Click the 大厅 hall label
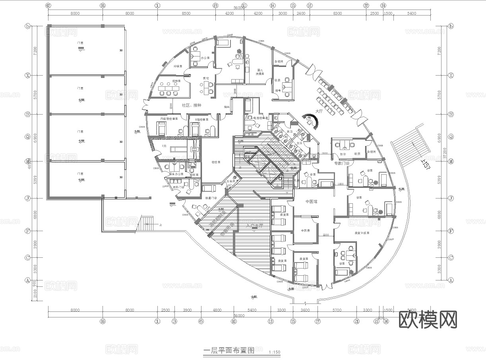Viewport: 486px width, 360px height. point(319,111)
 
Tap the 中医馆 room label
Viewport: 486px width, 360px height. point(311,201)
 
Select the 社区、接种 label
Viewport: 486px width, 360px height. point(192,105)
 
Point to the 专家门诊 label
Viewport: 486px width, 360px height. point(341,163)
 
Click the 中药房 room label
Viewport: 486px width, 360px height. point(305,230)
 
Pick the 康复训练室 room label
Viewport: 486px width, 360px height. point(362,233)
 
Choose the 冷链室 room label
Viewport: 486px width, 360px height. point(178,66)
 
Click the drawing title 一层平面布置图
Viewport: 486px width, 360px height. point(228,351)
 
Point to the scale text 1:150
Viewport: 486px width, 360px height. point(274,352)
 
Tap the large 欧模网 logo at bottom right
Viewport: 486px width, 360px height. point(428,319)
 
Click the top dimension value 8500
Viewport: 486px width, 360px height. point(186,13)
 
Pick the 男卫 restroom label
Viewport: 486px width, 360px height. point(290,132)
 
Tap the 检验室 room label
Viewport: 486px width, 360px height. point(216,162)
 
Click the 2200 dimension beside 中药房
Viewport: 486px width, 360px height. point(326,235)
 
